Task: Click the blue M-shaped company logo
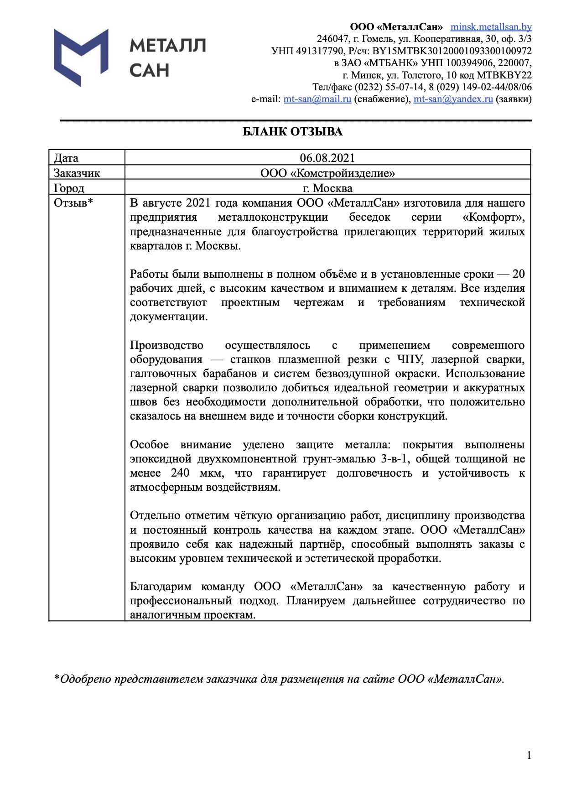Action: click(x=81, y=57)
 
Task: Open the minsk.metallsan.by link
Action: click(x=491, y=27)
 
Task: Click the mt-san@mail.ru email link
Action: click(x=317, y=99)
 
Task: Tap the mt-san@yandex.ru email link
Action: click(x=453, y=99)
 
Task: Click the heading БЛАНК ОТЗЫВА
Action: click(x=292, y=132)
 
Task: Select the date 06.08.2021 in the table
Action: click(x=327, y=158)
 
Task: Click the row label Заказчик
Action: click(x=77, y=173)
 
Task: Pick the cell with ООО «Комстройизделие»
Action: click(x=327, y=173)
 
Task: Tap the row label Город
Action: click(x=69, y=188)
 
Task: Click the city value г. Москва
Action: click(x=327, y=188)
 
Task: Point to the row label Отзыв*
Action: click(x=73, y=203)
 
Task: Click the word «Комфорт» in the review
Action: click(x=493, y=217)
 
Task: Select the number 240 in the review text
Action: click(x=180, y=473)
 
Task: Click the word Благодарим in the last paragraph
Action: click(x=160, y=587)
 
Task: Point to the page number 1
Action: click(x=529, y=756)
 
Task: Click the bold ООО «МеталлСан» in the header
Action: click(x=396, y=27)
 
